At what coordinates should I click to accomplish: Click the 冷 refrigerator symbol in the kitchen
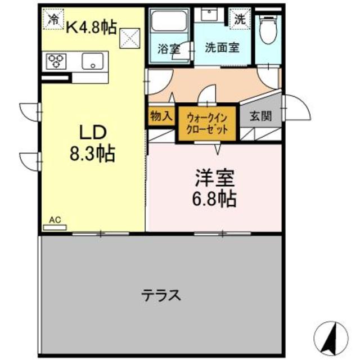(53, 19)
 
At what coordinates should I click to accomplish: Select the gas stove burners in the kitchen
(57, 60)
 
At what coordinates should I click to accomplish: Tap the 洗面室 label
(222, 48)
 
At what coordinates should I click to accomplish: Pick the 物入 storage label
(161, 116)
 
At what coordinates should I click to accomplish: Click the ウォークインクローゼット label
(208, 123)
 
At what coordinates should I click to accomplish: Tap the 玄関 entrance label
(260, 116)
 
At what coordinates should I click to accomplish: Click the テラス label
(161, 294)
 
